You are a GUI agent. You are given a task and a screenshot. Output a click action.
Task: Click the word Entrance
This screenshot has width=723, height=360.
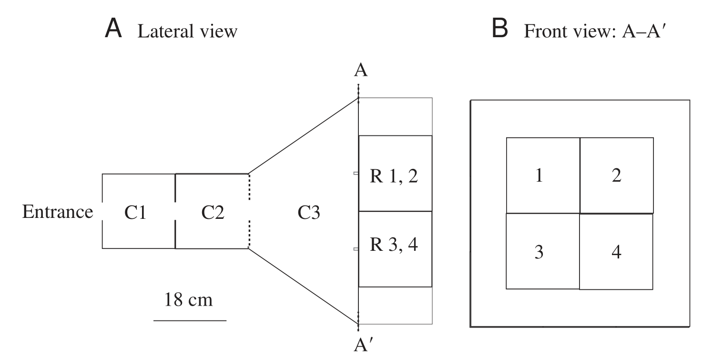58,211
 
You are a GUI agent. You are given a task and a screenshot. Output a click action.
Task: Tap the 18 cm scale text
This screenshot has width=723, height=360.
189,300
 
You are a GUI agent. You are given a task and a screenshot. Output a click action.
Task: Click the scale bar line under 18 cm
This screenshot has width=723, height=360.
190,320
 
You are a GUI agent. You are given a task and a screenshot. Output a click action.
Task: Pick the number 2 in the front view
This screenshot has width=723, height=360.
616,176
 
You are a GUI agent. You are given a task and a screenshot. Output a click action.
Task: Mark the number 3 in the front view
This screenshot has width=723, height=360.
539,253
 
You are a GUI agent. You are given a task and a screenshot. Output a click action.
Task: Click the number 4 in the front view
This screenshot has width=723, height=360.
616,253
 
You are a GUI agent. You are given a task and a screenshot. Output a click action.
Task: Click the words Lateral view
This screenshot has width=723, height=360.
187,32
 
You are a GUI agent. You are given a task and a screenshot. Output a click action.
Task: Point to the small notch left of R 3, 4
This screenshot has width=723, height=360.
356,249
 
